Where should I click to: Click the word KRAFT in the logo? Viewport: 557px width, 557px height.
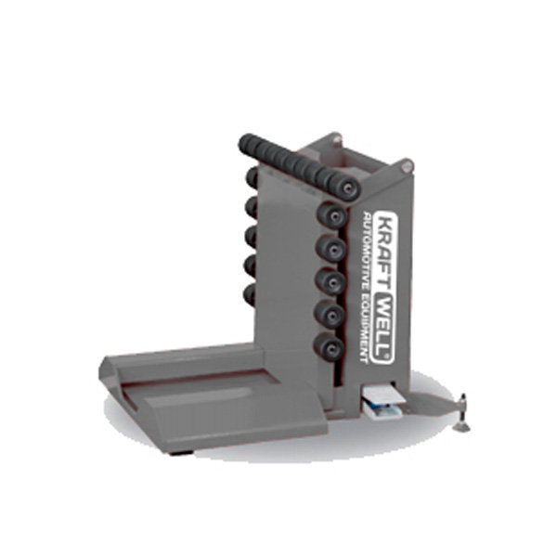click(x=384, y=252)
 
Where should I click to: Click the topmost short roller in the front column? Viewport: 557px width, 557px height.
click(x=332, y=215)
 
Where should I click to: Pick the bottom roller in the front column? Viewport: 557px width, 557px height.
click(x=330, y=347)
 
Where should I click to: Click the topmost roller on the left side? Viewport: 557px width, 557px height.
click(x=252, y=177)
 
